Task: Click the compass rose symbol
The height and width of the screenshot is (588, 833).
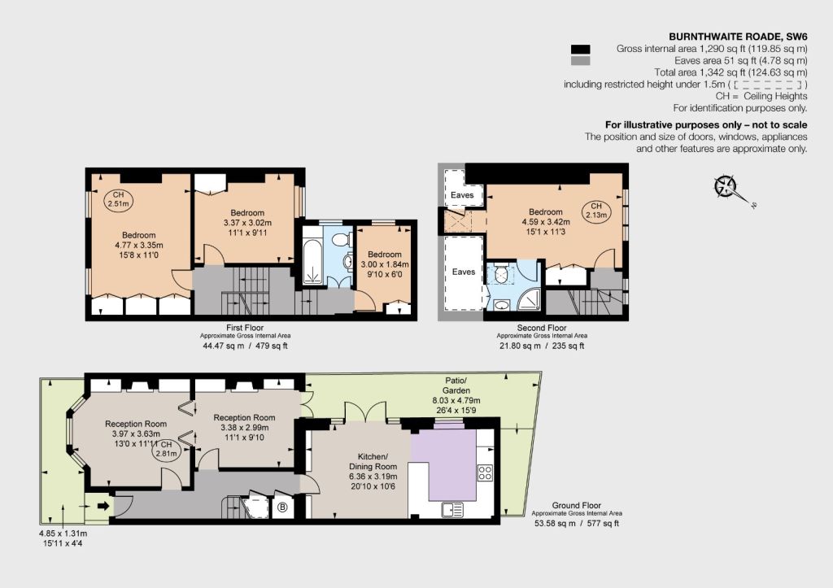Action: point(726,186)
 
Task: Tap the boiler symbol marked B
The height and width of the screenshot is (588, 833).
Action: point(282,507)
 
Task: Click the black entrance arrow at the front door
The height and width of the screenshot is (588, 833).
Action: point(103,506)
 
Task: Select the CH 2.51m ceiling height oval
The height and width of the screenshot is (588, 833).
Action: point(119,199)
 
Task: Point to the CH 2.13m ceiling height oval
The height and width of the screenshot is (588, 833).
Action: point(596,211)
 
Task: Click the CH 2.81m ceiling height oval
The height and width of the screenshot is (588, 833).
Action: point(166,449)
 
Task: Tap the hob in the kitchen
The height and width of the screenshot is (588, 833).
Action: point(485,473)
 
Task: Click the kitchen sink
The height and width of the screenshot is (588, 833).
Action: point(452,510)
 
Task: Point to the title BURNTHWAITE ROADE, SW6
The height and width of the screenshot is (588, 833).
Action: point(738,37)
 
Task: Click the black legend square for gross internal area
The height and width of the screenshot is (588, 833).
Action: point(580,49)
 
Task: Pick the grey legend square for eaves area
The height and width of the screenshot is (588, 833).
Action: point(580,60)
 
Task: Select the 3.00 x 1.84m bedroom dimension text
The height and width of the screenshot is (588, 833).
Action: point(385,264)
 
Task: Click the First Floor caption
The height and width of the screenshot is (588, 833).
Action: point(245,328)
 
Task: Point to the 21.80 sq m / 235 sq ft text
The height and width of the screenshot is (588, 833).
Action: point(542,346)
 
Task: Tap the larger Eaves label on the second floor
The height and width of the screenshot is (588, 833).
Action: point(463,272)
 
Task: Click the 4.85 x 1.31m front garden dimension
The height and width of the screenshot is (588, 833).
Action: point(63,534)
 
